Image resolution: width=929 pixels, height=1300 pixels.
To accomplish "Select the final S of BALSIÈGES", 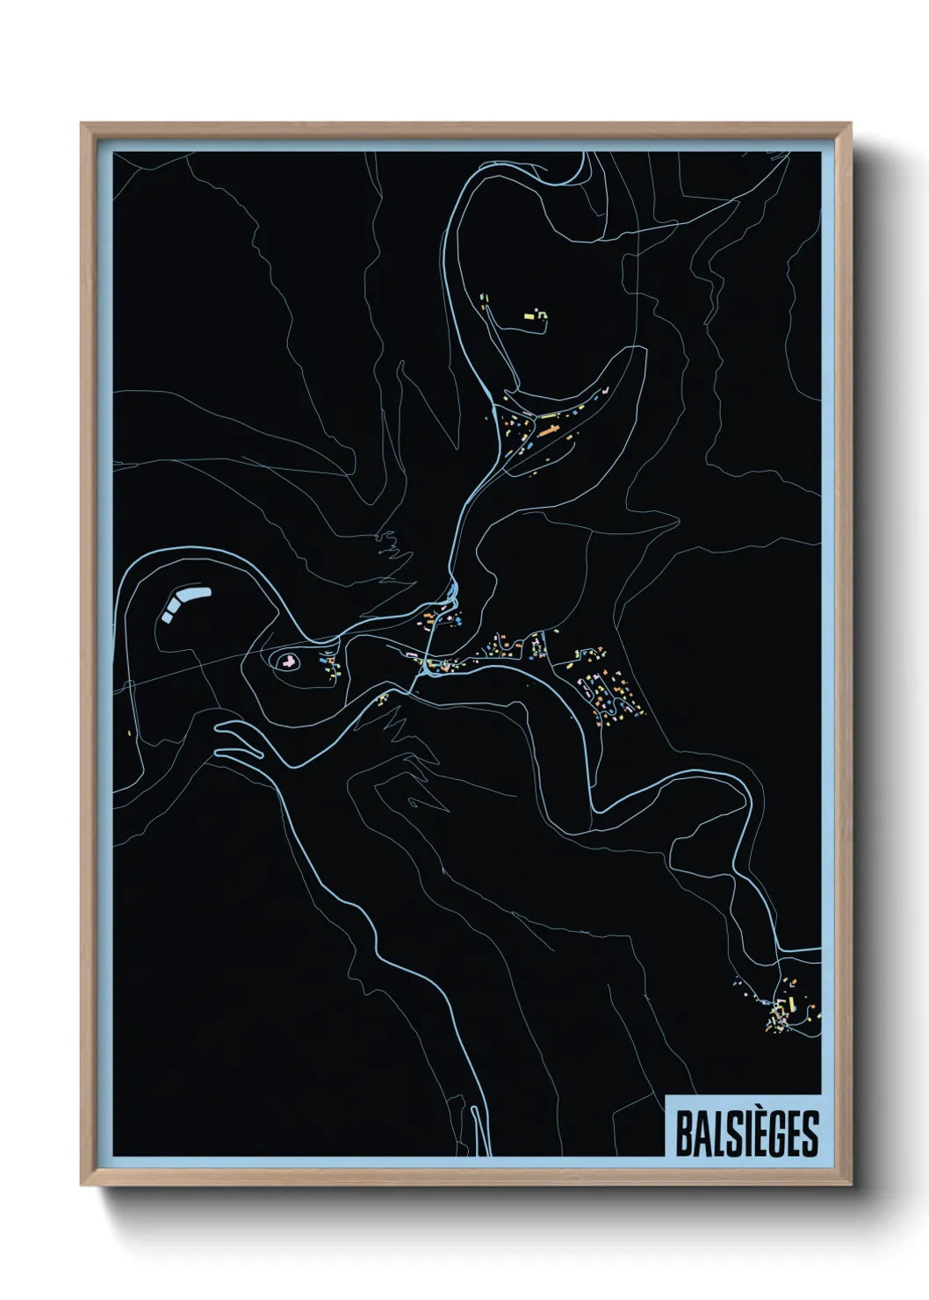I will (810, 1134).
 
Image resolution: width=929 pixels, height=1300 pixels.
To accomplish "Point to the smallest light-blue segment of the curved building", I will (167, 617).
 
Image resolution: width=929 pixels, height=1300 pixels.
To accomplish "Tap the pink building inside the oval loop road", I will (286, 661).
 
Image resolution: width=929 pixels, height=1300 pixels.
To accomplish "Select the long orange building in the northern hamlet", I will (549, 430).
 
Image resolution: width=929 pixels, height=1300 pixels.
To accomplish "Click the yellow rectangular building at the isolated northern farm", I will (529, 315).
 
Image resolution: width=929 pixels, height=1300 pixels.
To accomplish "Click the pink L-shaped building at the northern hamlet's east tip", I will (602, 389).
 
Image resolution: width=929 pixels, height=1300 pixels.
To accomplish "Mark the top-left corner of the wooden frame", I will (82, 124).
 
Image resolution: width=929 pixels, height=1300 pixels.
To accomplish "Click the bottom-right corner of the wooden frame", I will (851, 1185).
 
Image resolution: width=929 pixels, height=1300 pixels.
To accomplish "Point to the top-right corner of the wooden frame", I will (851, 124).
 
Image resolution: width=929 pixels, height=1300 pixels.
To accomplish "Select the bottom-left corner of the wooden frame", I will (82, 1185).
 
